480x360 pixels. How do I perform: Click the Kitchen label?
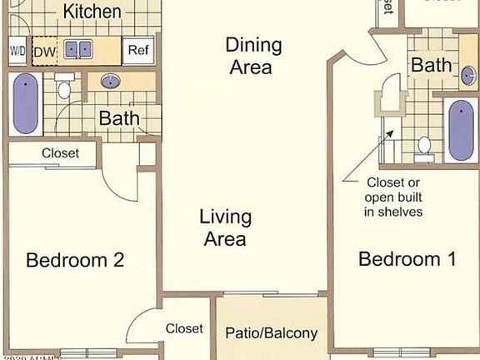[92, 12]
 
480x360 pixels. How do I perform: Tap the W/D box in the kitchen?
[17, 50]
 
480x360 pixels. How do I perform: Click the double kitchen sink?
[79, 50]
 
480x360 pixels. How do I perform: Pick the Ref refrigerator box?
[137, 50]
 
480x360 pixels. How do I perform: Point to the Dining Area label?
[255, 56]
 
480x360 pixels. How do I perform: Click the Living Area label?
[225, 227]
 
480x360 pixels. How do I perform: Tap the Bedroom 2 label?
[75, 260]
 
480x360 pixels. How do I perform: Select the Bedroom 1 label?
[407, 259]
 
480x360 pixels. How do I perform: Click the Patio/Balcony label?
[272, 333]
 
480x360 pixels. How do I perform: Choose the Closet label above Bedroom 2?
[60, 153]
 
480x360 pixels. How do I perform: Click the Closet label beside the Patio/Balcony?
[184, 328]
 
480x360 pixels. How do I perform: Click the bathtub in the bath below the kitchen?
[26, 103]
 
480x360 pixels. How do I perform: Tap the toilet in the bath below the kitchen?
[64, 89]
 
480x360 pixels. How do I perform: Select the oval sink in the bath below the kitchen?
[111, 82]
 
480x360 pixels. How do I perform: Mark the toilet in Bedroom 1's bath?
[424, 146]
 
